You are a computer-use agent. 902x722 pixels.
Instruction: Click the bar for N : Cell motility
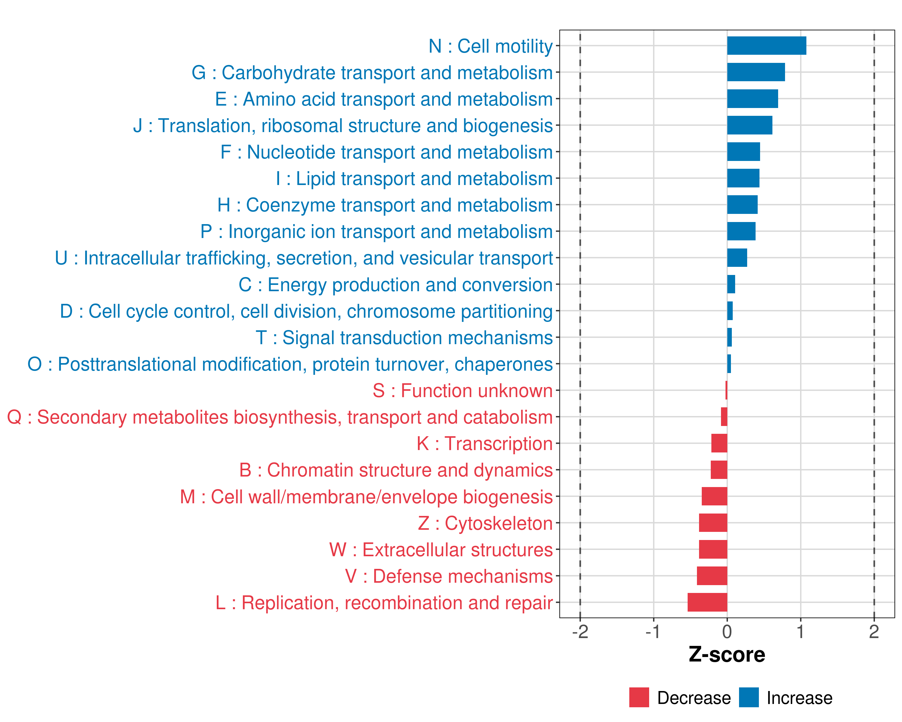(766, 46)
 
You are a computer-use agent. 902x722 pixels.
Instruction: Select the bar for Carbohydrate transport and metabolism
(756, 72)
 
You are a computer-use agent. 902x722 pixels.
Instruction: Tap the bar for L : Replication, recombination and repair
(707, 602)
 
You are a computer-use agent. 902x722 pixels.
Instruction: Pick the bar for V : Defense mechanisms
(712, 575)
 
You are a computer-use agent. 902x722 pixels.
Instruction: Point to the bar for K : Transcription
(719, 443)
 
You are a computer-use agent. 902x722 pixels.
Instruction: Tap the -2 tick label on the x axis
(580, 631)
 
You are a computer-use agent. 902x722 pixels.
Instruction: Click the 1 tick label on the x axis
(800, 631)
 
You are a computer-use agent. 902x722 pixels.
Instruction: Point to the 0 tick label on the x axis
(727, 631)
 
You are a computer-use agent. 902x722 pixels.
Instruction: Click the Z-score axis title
(727, 655)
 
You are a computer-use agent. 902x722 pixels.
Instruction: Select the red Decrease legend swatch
(639, 697)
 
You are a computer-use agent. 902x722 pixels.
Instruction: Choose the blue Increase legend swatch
(748, 697)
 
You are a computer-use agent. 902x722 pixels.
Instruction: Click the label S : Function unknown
(463, 390)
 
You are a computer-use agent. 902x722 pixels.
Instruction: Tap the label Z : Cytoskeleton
(485, 523)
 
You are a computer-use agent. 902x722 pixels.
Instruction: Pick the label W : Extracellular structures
(441, 550)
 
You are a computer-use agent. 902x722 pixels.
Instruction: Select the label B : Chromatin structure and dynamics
(396, 470)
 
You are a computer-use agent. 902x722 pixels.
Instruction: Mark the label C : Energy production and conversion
(396, 285)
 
